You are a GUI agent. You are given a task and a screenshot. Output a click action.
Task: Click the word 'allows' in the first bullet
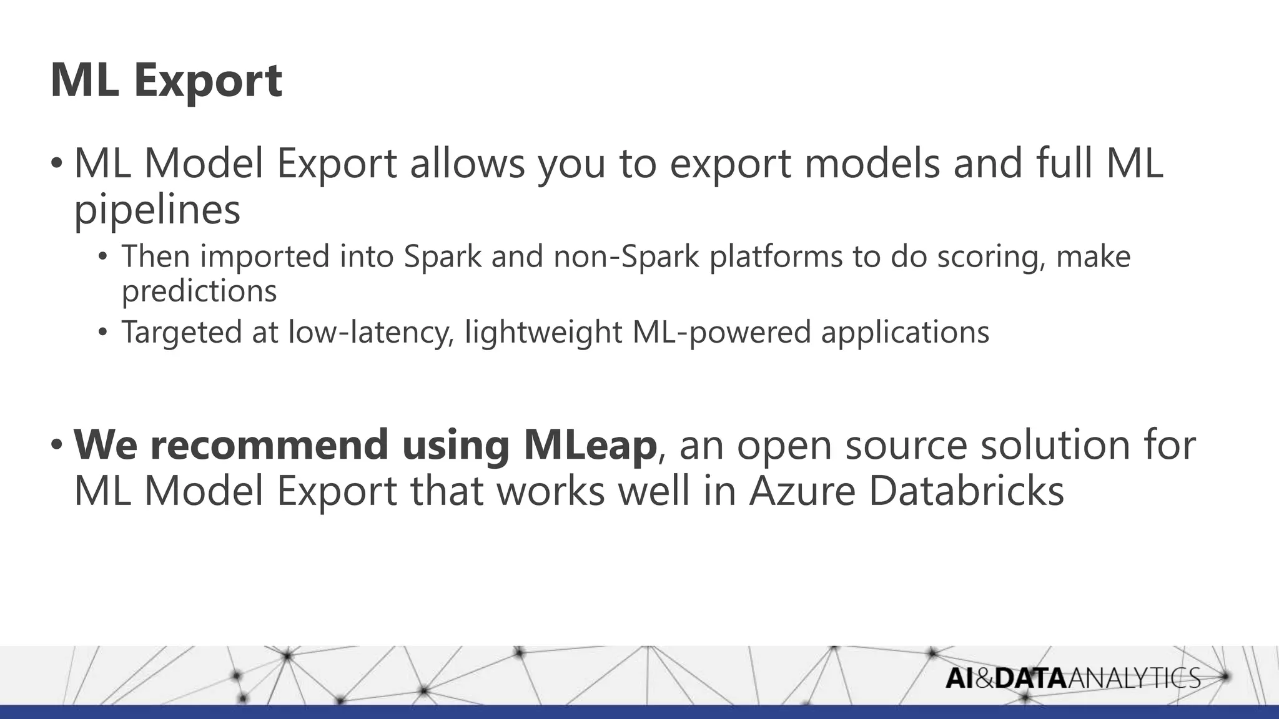coord(467,163)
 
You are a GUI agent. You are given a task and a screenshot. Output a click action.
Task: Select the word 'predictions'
coord(199,291)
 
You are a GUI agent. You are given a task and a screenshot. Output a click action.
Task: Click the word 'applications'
coord(905,332)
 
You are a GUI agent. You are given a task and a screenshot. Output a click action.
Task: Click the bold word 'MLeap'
coord(590,444)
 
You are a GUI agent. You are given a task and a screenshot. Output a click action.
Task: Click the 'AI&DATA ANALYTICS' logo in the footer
coord(1072,678)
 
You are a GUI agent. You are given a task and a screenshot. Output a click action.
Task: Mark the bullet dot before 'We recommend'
coord(57,444)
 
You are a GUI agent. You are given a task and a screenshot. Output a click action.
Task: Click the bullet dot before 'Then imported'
coord(103,257)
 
